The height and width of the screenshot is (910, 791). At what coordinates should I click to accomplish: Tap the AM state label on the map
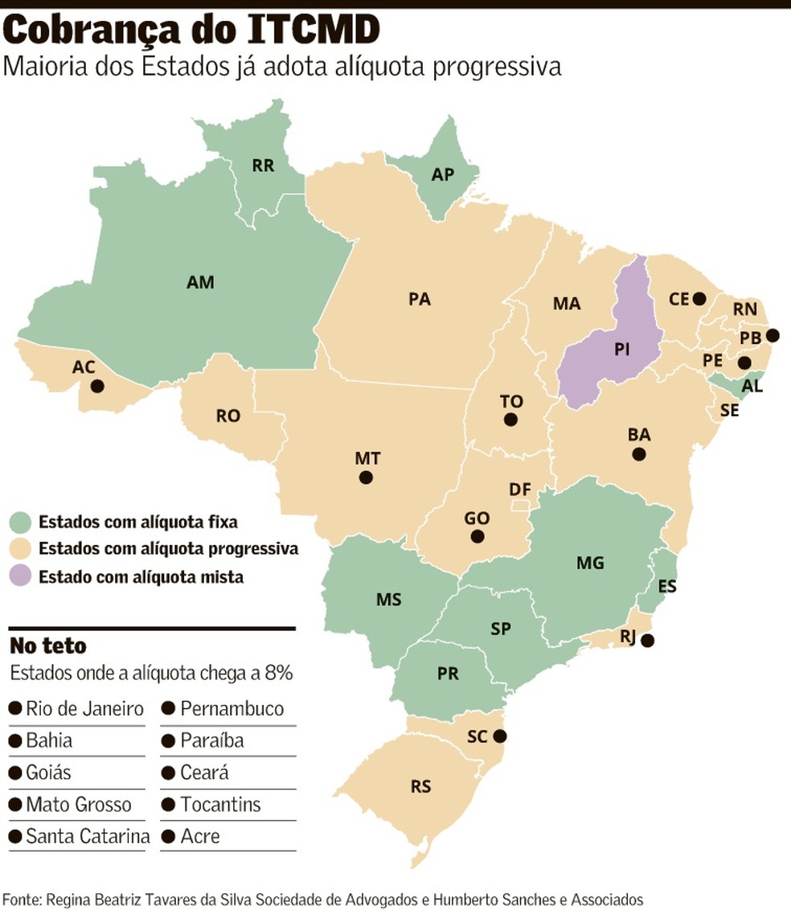pyautogui.click(x=200, y=282)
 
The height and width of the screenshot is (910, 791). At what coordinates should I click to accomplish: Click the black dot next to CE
pyautogui.click(x=699, y=298)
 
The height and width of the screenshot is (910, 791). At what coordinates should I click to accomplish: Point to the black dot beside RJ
pyautogui.click(x=648, y=641)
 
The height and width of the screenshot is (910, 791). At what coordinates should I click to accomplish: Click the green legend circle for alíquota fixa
pyautogui.click(x=21, y=522)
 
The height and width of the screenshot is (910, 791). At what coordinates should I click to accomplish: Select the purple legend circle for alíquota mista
pyautogui.click(x=21, y=576)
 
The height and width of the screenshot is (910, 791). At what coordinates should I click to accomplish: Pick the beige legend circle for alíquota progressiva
pyautogui.click(x=21, y=549)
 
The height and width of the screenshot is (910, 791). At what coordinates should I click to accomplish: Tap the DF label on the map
pyautogui.click(x=519, y=489)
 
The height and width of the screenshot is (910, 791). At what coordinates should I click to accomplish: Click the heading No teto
pyautogui.click(x=47, y=646)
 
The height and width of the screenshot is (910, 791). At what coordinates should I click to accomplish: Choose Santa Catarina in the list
pyautogui.click(x=88, y=836)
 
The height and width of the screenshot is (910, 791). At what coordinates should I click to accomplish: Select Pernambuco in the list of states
pyautogui.click(x=232, y=709)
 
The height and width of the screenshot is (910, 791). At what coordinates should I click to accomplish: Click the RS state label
pyautogui.click(x=420, y=786)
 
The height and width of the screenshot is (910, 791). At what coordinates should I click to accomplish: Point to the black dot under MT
pyautogui.click(x=366, y=478)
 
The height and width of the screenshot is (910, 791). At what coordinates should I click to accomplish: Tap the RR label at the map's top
pyautogui.click(x=263, y=166)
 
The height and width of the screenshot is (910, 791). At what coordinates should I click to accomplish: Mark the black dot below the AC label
pyautogui.click(x=97, y=386)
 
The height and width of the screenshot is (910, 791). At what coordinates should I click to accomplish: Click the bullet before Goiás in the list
pyautogui.click(x=14, y=773)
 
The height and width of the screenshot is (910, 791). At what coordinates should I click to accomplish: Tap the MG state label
pyautogui.click(x=590, y=563)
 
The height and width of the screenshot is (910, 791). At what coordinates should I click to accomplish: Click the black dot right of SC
pyautogui.click(x=501, y=736)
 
